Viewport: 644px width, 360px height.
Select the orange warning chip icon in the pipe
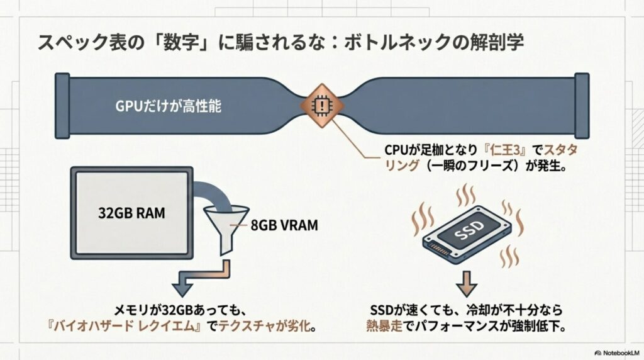point(321,104)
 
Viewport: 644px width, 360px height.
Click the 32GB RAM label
point(132,213)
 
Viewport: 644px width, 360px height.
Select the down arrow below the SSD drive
point(466,283)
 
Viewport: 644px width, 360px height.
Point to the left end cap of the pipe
point(62,104)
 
